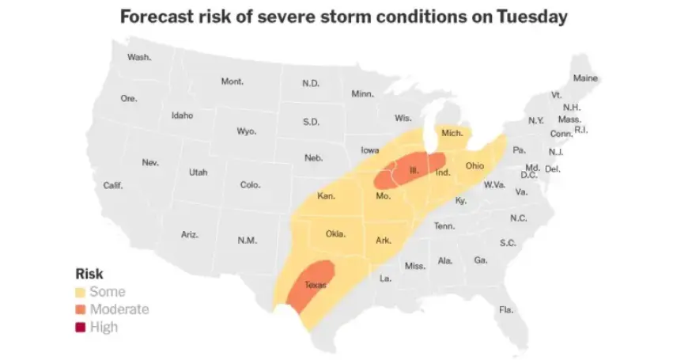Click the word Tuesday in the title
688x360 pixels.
(x=526, y=17)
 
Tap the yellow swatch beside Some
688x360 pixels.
(x=81, y=292)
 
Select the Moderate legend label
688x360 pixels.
(x=119, y=309)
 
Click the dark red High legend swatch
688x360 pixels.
(x=81, y=326)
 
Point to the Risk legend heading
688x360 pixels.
(x=89, y=274)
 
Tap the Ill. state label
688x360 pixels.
(x=414, y=170)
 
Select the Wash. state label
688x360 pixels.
(x=139, y=57)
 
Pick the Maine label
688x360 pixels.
(x=585, y=78)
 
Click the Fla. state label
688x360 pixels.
(x=506, y=309)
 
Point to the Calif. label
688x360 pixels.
(x=113, y=185)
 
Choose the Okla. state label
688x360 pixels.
(x=336, y=234)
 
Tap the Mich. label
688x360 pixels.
(x=452, y=134)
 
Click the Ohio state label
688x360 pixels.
(x=474, y=166)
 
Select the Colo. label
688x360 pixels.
(x=250, y=185)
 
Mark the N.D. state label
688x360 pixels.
(x=311, y=83)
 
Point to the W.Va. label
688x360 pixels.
(x=494, y=185)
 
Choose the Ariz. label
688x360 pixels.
(x=190, y=235)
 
